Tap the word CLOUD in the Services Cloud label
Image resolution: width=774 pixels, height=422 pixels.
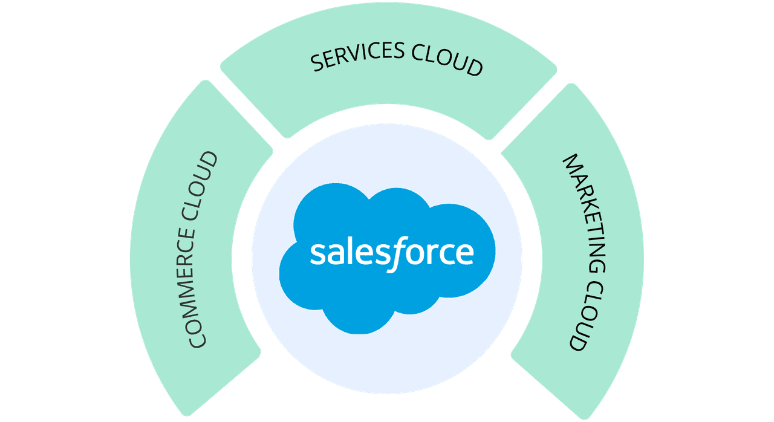click(x=447, y=62)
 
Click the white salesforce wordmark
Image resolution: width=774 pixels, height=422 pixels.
click(x=391, y=253)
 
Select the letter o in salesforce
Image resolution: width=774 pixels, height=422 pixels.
click(x=415, y=255)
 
